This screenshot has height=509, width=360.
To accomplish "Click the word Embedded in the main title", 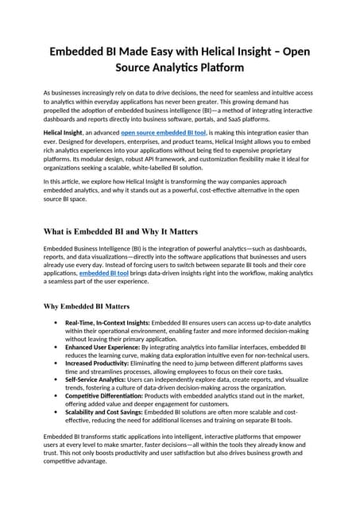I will pos(79,52).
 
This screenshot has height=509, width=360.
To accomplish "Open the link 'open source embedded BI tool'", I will pos(163,131).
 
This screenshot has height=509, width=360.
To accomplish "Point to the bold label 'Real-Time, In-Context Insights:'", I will pos(107,323).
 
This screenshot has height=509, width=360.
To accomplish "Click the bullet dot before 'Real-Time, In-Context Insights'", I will pos(55,323).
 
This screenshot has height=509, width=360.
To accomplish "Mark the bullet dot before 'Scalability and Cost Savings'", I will pos(55,413).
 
